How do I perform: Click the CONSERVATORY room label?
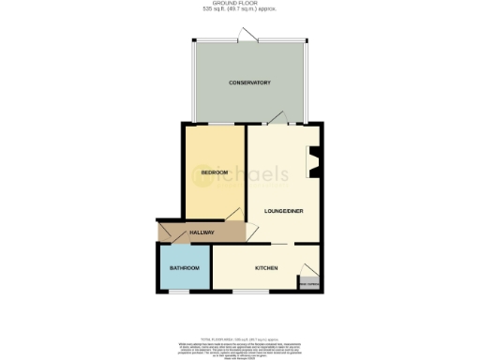pyautogui.click(x=249, y=83)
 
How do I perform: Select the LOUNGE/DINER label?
pyautogui.click(x=283, y=210)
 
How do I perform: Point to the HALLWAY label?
pyautogui.click(x=202, y=232)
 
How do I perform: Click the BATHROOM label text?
pyautogui.click(x=184, y=269)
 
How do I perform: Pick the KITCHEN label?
pyautogui.click(x=267, y=269)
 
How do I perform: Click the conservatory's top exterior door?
pyautogui.click(x=249, y=37)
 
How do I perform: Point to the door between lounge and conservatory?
pyautogui.click(x=275, y=116)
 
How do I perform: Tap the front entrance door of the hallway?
pyautogui.click(x=158, y=232)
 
